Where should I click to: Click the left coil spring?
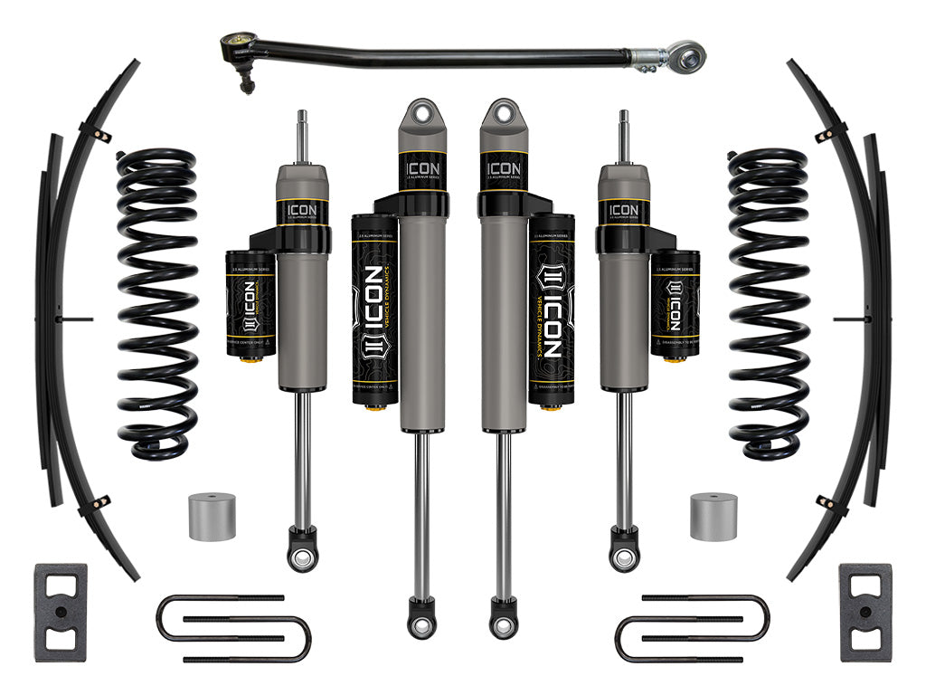click(x=156, y=303)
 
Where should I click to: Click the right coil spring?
click(x=769, y=303)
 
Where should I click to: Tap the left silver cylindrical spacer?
click(x=213, y=517)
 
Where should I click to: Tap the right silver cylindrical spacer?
click(x=713, y=517)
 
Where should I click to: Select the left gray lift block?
click(x=61, y=612)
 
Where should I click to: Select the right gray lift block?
click(x=865, y=612)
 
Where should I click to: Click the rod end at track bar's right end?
click(x=689, y=59)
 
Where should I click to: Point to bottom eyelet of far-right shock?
click(x=624, y=555)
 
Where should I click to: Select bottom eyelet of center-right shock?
click(x=504, y=624)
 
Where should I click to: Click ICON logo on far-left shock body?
click(x=301, y=211)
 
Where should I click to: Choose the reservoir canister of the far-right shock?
click(x=675, y=303)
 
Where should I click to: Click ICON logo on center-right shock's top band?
click(x=504, y=168)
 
